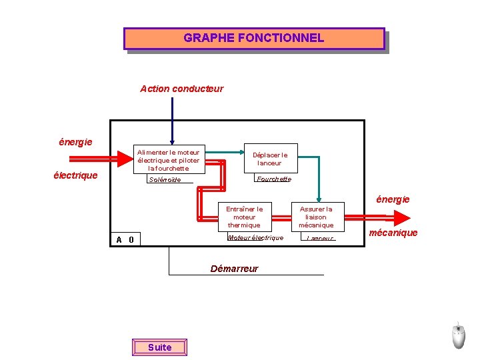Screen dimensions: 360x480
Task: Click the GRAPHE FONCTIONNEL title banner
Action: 254,38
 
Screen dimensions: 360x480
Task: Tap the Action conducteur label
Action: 181,89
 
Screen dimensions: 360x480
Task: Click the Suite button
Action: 159,347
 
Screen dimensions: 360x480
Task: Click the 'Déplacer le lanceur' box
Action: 270,159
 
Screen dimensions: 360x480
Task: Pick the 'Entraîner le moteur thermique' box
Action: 245,217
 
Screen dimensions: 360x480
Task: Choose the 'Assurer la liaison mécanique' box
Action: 316,217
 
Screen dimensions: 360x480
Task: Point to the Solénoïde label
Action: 165,179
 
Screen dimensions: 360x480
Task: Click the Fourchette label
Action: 274,179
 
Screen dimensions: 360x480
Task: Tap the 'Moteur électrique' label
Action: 255,237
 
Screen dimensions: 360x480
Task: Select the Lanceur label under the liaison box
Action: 320,238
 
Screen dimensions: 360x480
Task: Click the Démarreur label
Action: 234,269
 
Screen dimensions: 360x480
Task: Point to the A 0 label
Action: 125,240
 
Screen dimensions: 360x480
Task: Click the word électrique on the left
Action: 76,176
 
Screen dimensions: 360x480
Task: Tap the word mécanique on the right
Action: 393,233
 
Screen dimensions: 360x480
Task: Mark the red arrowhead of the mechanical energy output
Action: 402,218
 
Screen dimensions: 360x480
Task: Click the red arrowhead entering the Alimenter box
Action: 125,159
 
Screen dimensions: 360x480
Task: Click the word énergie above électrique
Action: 75,142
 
